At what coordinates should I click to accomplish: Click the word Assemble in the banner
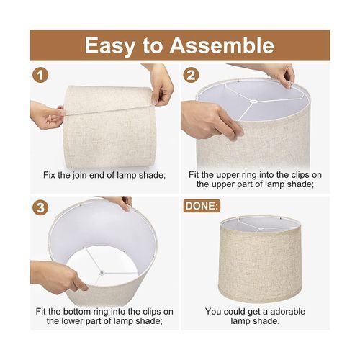tap(222, 45)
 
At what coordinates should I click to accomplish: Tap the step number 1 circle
tap(40, 76)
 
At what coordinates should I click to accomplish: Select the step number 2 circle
tap(191, 76)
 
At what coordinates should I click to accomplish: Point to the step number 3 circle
tap(40, 207)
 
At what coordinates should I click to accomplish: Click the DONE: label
tap(202, 206)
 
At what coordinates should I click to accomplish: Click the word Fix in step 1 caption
tap(50, 175)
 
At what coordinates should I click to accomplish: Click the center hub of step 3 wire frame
tap(102, 272)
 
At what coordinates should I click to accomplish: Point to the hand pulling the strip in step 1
tap(47, 115)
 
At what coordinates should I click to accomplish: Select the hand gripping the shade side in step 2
tap(211, 119)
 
